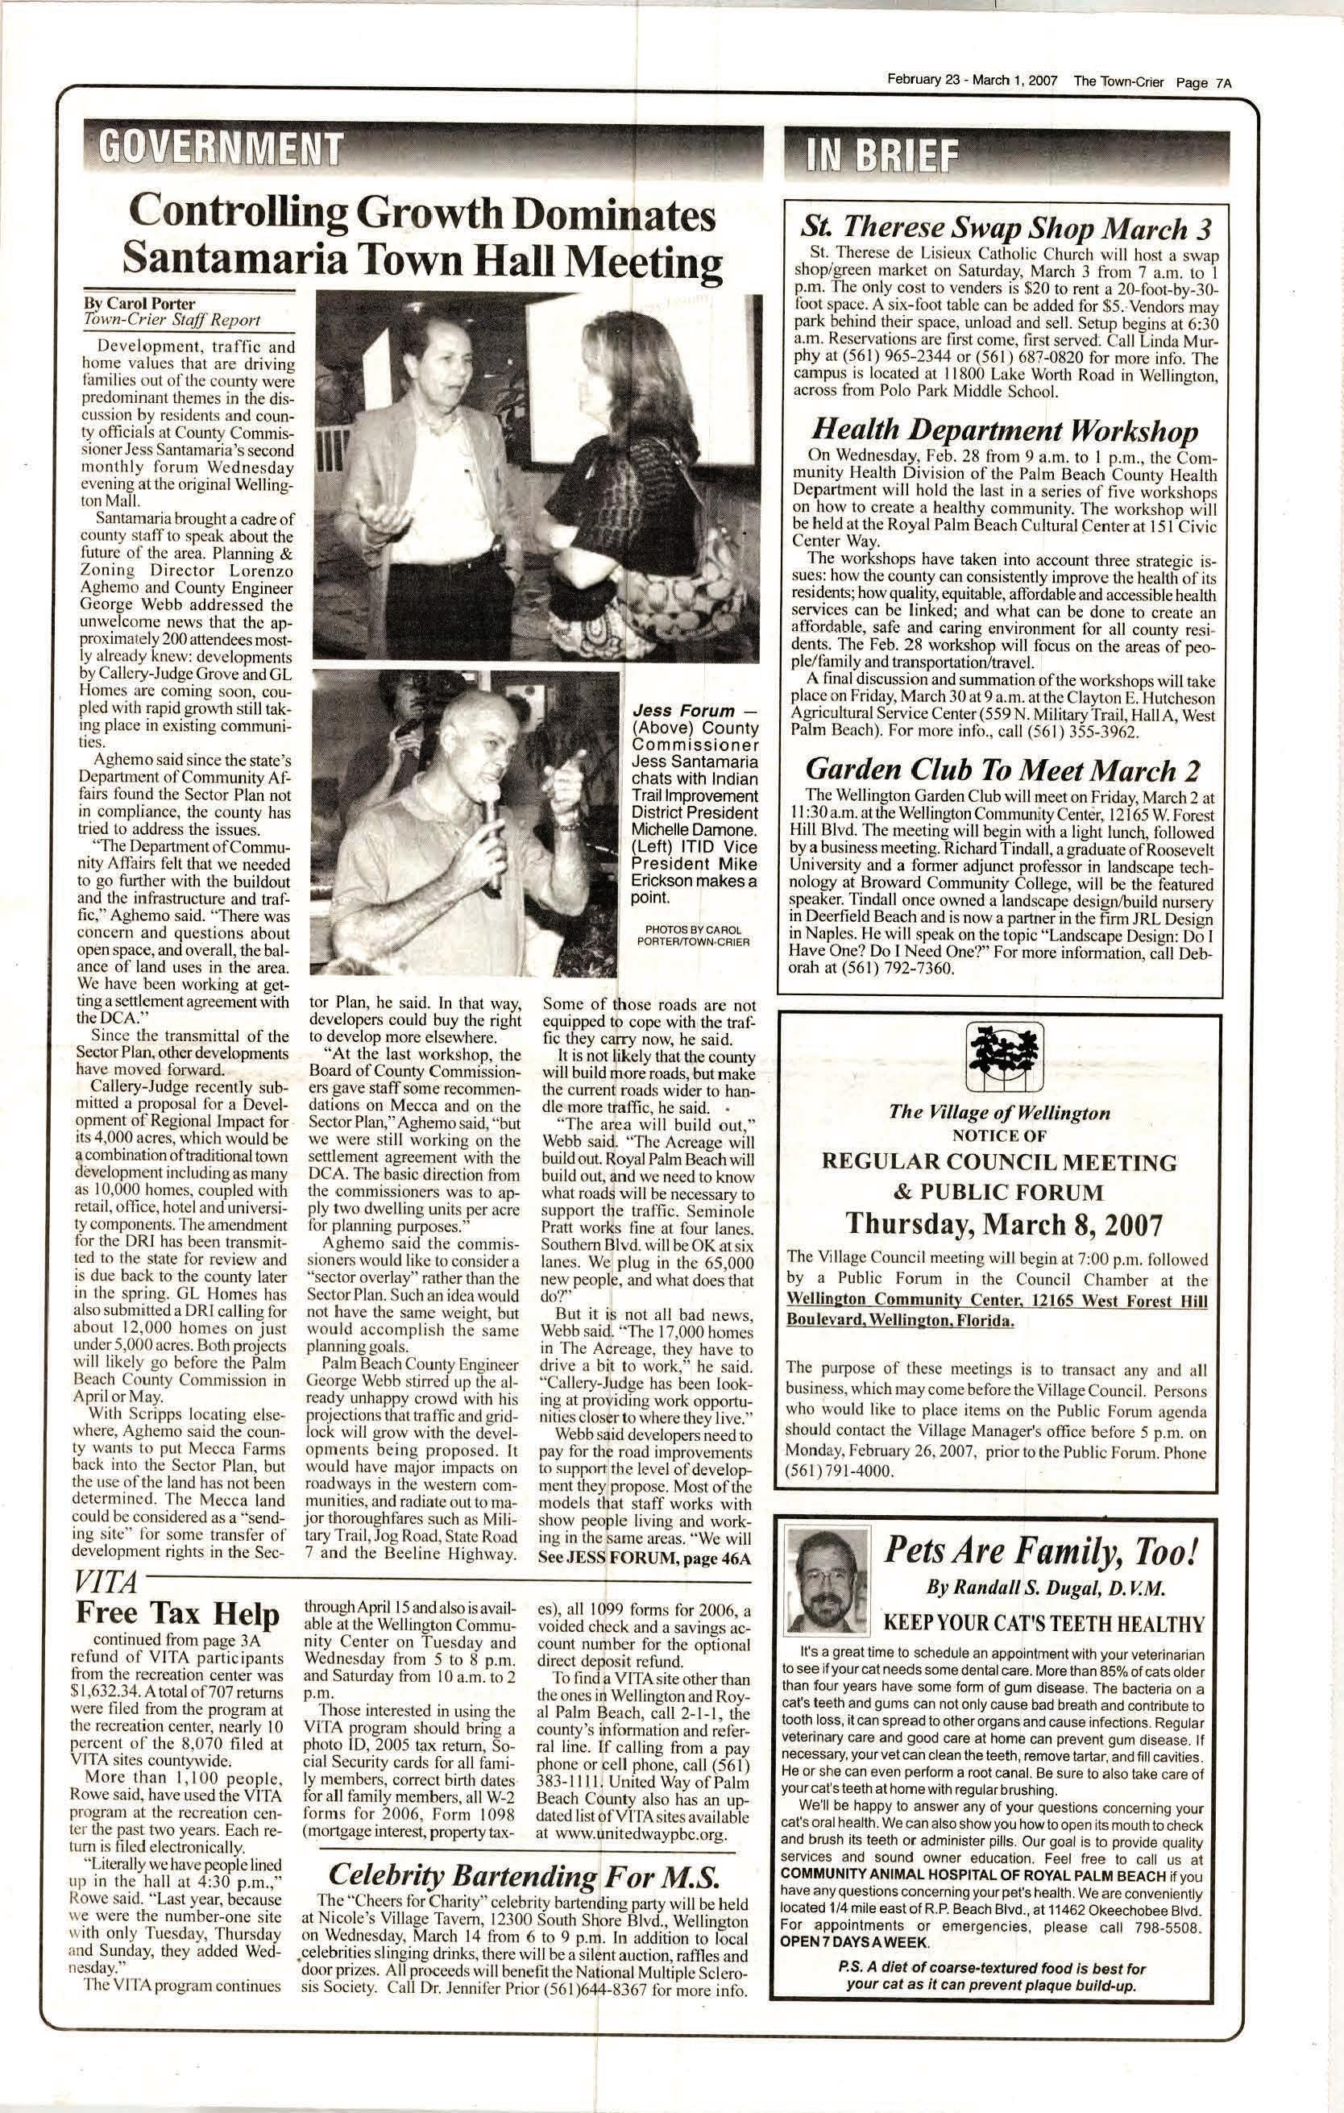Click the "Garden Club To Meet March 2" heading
[x=1002, y=770]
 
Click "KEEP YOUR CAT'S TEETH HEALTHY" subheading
[x=1043, y=1621]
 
